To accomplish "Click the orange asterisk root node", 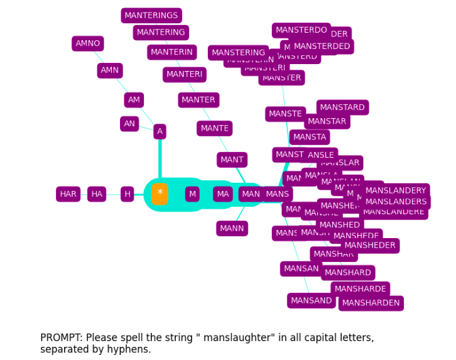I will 160,194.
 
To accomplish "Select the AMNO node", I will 88,43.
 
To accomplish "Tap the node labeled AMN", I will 110,70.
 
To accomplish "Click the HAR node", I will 68,194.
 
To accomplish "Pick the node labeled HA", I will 97,194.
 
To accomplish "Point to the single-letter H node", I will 128,194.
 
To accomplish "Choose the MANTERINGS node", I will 151,16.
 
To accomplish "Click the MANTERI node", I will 185,75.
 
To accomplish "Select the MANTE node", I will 215,129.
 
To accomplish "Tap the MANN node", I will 232,229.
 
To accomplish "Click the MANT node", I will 232,160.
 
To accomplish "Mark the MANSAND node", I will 311,301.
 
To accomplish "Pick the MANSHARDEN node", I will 371,303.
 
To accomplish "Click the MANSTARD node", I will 342,107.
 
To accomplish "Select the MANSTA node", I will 310,137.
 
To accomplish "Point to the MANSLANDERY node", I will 396,190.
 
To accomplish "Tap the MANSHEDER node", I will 370,246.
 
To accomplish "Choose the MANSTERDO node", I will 301,30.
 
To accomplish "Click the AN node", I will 129,124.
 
